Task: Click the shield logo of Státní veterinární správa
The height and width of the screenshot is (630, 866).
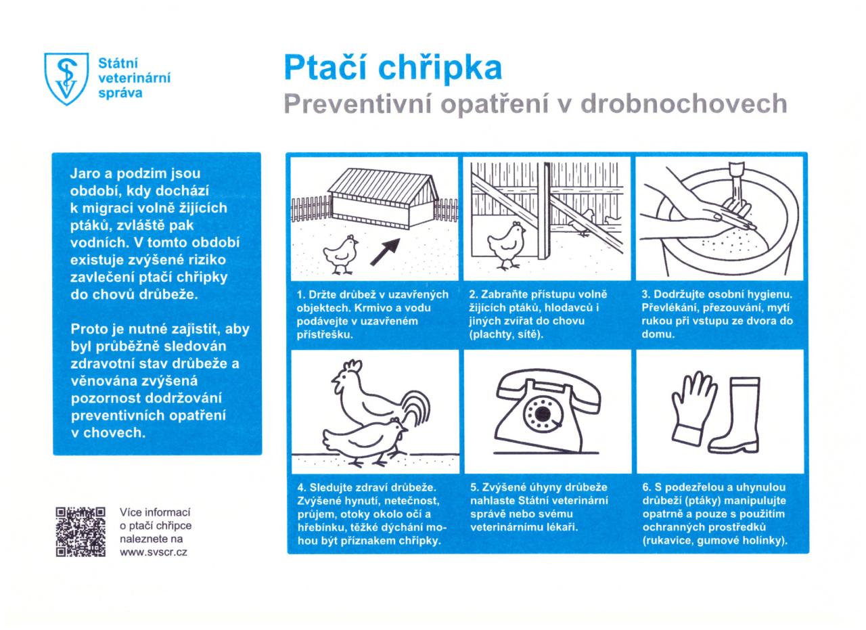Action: click(x=66, y=78)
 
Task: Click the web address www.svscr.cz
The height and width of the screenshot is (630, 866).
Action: click(x=154, y=552)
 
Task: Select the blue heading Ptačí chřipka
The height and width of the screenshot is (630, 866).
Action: click(x=392, y=67)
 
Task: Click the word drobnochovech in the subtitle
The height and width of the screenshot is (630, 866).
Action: click(x=684, y=104)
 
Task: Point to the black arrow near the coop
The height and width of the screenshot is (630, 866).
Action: click(x=384, y=251)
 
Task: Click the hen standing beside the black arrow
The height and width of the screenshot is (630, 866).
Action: click(x=341, y=253)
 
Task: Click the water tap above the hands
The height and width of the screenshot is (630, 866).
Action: click(x=736, y=177)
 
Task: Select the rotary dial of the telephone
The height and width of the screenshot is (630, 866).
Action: click(x=541, y=411)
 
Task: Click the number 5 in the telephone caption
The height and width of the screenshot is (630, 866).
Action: click(x=474, y=487)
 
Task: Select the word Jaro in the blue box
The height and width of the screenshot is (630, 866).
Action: click(x=85, y=174)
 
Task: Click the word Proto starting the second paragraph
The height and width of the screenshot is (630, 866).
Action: click(x=90, y=330)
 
